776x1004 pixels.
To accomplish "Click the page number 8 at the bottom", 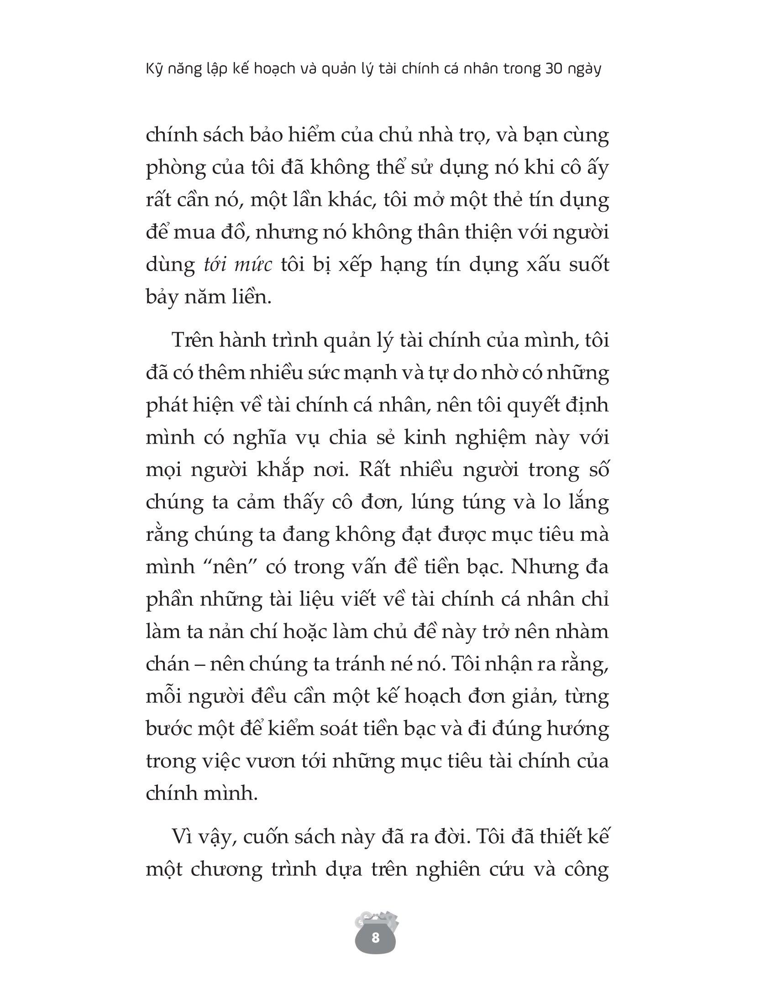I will coord(375,937).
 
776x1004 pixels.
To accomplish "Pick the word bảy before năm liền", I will coord(164,298).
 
